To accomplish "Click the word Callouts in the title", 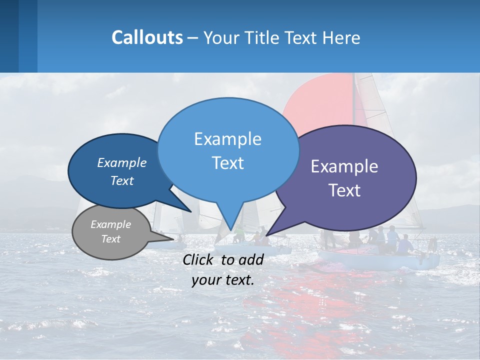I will (x=147, y=37).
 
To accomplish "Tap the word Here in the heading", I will (x=342, y=37).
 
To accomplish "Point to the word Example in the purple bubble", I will (x=344, y=166).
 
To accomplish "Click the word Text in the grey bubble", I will (x=111, y=239).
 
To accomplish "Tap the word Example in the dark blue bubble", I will (x=122, y=162).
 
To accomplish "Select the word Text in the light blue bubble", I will (x=227, y=163).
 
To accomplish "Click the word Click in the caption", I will (x=199, y=259).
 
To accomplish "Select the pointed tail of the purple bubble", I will (x=280, y=225).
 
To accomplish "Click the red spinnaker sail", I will (x=320, y=105).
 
